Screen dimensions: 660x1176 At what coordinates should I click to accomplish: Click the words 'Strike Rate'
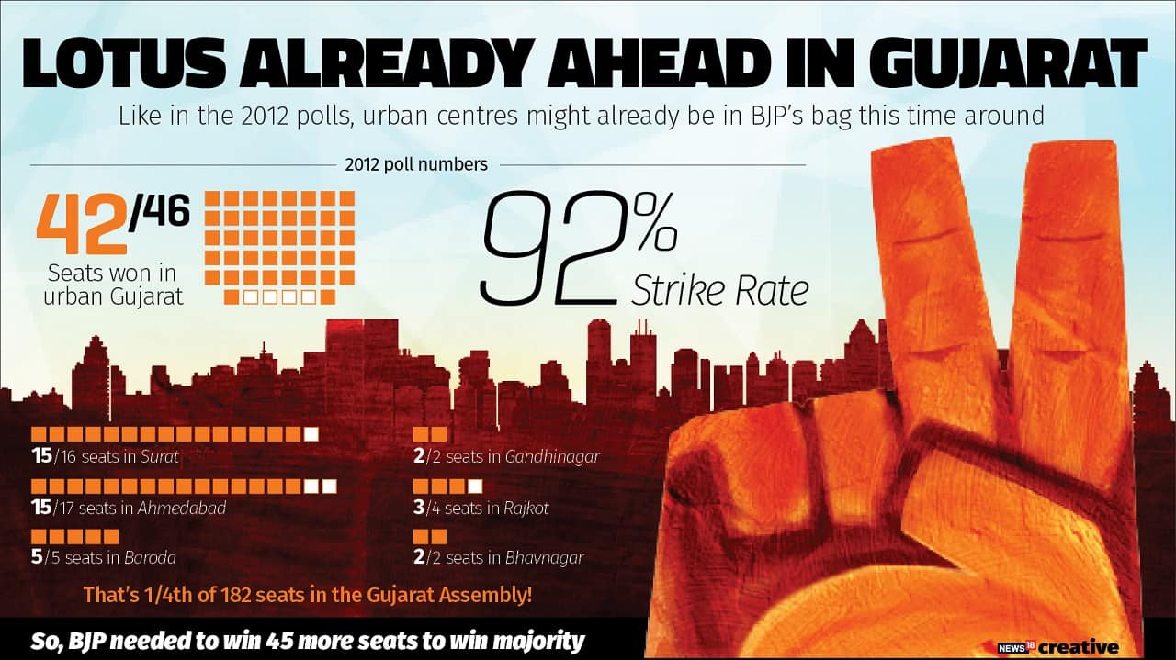(x=720, y=289)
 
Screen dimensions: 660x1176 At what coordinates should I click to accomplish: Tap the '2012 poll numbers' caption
(x=416, y=165)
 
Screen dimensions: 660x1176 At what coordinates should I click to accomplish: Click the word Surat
(x=161, y=455)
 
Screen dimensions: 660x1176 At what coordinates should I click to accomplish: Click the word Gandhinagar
(x=551, y=455)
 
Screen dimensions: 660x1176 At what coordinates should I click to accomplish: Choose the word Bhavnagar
(x=544, y=557)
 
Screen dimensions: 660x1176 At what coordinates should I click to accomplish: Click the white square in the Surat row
(x=312, y=434)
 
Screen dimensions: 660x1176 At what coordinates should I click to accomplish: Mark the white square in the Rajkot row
(x=474, y=486)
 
